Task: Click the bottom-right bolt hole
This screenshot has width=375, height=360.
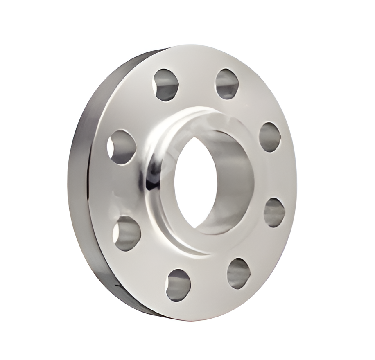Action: [x=238, y=273]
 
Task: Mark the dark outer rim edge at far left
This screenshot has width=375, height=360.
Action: [x=78, y=184]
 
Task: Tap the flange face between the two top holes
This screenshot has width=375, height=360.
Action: [x=197, y=78]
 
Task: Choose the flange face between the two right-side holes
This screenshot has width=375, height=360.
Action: [x=278, y=176]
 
